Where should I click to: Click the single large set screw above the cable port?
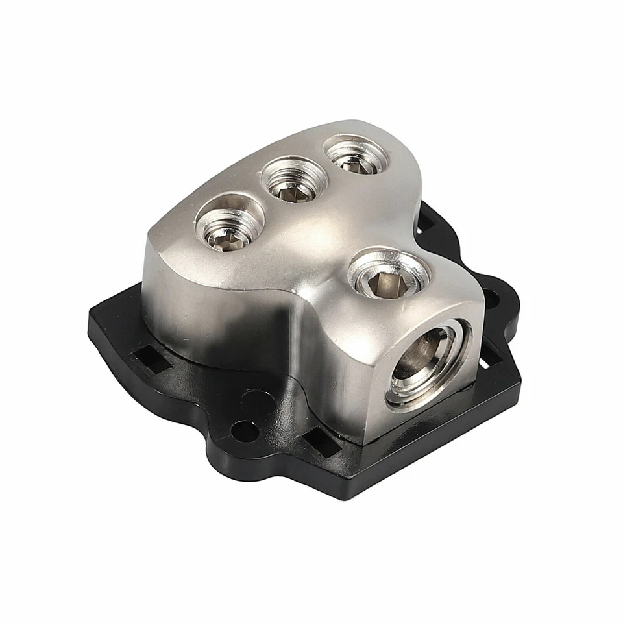point(387,276)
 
